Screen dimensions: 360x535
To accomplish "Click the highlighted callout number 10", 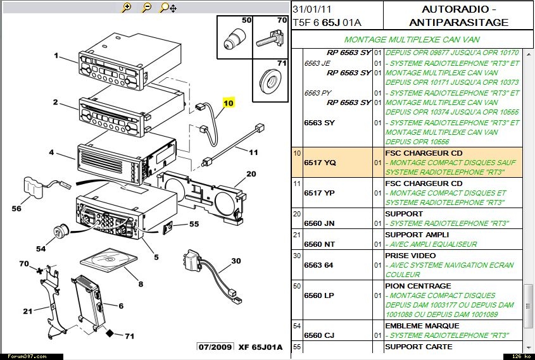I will pos(228,102).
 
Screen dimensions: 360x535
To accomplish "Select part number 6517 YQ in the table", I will pos(320,163).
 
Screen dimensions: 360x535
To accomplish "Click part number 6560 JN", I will pos(320,223).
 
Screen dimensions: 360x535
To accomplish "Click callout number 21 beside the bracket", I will pos(27,311).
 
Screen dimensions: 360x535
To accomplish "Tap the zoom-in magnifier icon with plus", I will pos(127,8).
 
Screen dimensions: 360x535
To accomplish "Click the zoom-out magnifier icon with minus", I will pos(146,8).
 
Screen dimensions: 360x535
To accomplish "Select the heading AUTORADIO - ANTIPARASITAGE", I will pos(458,16).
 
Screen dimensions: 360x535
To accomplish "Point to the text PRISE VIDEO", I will pos(410,255).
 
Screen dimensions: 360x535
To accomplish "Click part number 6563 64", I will pos(318,264).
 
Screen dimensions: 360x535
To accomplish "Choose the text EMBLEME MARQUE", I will pos(422,325).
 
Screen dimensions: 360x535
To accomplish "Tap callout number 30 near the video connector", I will pos(236,261).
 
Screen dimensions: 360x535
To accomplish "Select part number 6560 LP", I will pos(319,295).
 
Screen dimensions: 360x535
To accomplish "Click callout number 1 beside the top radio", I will pos(56,56).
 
